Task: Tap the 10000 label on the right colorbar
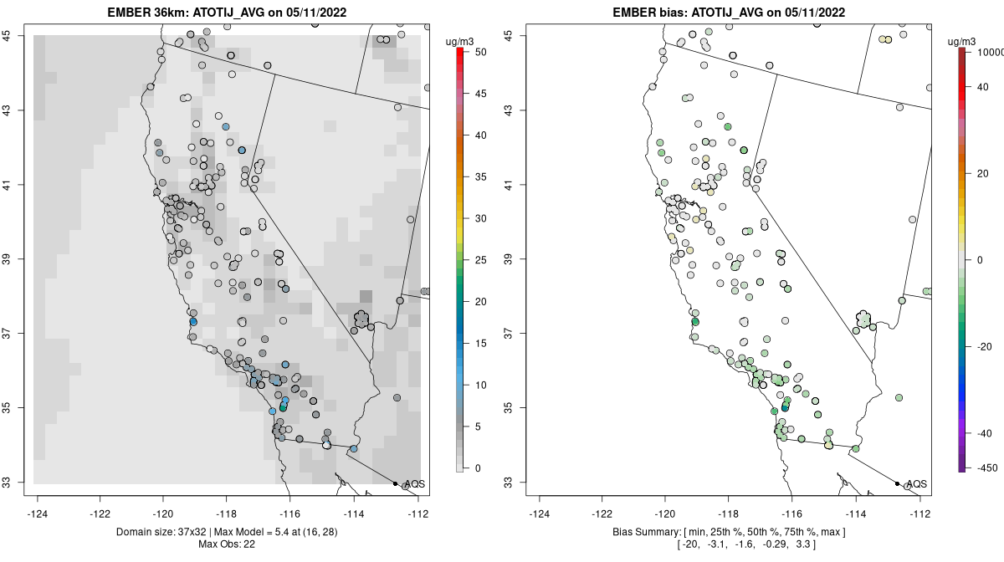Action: (988, 52)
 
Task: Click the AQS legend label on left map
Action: (414, 484)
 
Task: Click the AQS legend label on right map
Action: (916, 484)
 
